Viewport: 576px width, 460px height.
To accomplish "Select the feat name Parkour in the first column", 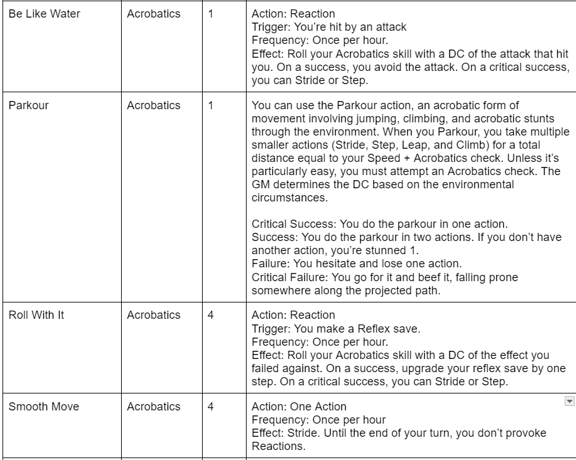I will tap(28, 105).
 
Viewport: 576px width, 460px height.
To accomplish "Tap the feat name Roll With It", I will tap(36, 315).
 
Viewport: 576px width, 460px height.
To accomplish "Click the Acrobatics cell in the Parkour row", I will tap(153, 105).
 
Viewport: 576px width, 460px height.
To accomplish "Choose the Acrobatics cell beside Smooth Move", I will tap(153, 407).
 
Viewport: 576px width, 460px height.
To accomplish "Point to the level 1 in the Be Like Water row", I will tap(211, 14).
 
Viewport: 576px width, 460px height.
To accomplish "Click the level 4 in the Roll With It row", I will tap(211, 315).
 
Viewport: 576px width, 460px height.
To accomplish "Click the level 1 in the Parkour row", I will tap(211, 105).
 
